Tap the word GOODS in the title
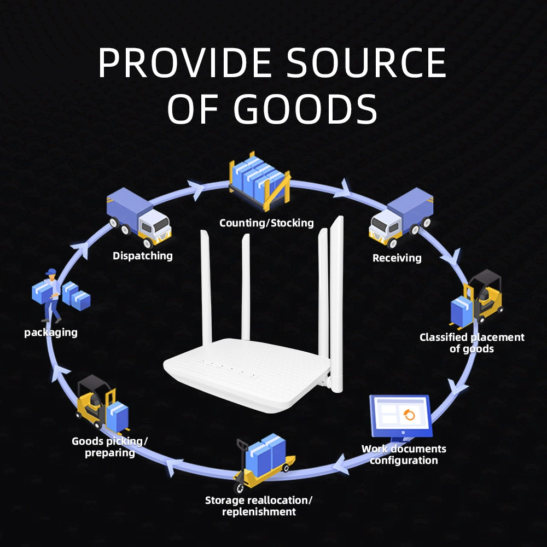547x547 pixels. [x=305, y=109]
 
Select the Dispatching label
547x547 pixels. [x=143, y=256]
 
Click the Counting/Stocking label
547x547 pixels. [x=266, y=223]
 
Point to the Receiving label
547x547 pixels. [x=397, y=258]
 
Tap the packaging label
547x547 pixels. [x=51, y=333]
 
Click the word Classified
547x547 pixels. [x=443, y=337]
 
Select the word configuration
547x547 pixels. [x=404, y=461]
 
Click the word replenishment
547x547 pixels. [x=259, y=512]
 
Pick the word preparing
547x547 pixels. [x=110, y=453]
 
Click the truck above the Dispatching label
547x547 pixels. [x=139, y=217]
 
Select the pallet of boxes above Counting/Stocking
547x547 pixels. [x=259, y=182]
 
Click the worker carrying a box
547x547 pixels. [x=51, y=295]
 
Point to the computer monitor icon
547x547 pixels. [x=401, y=417]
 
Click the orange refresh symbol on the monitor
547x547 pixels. [x=409, y=415]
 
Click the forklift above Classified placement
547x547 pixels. [x=476, y=299]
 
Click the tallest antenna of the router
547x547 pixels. [x=337, y=304]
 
